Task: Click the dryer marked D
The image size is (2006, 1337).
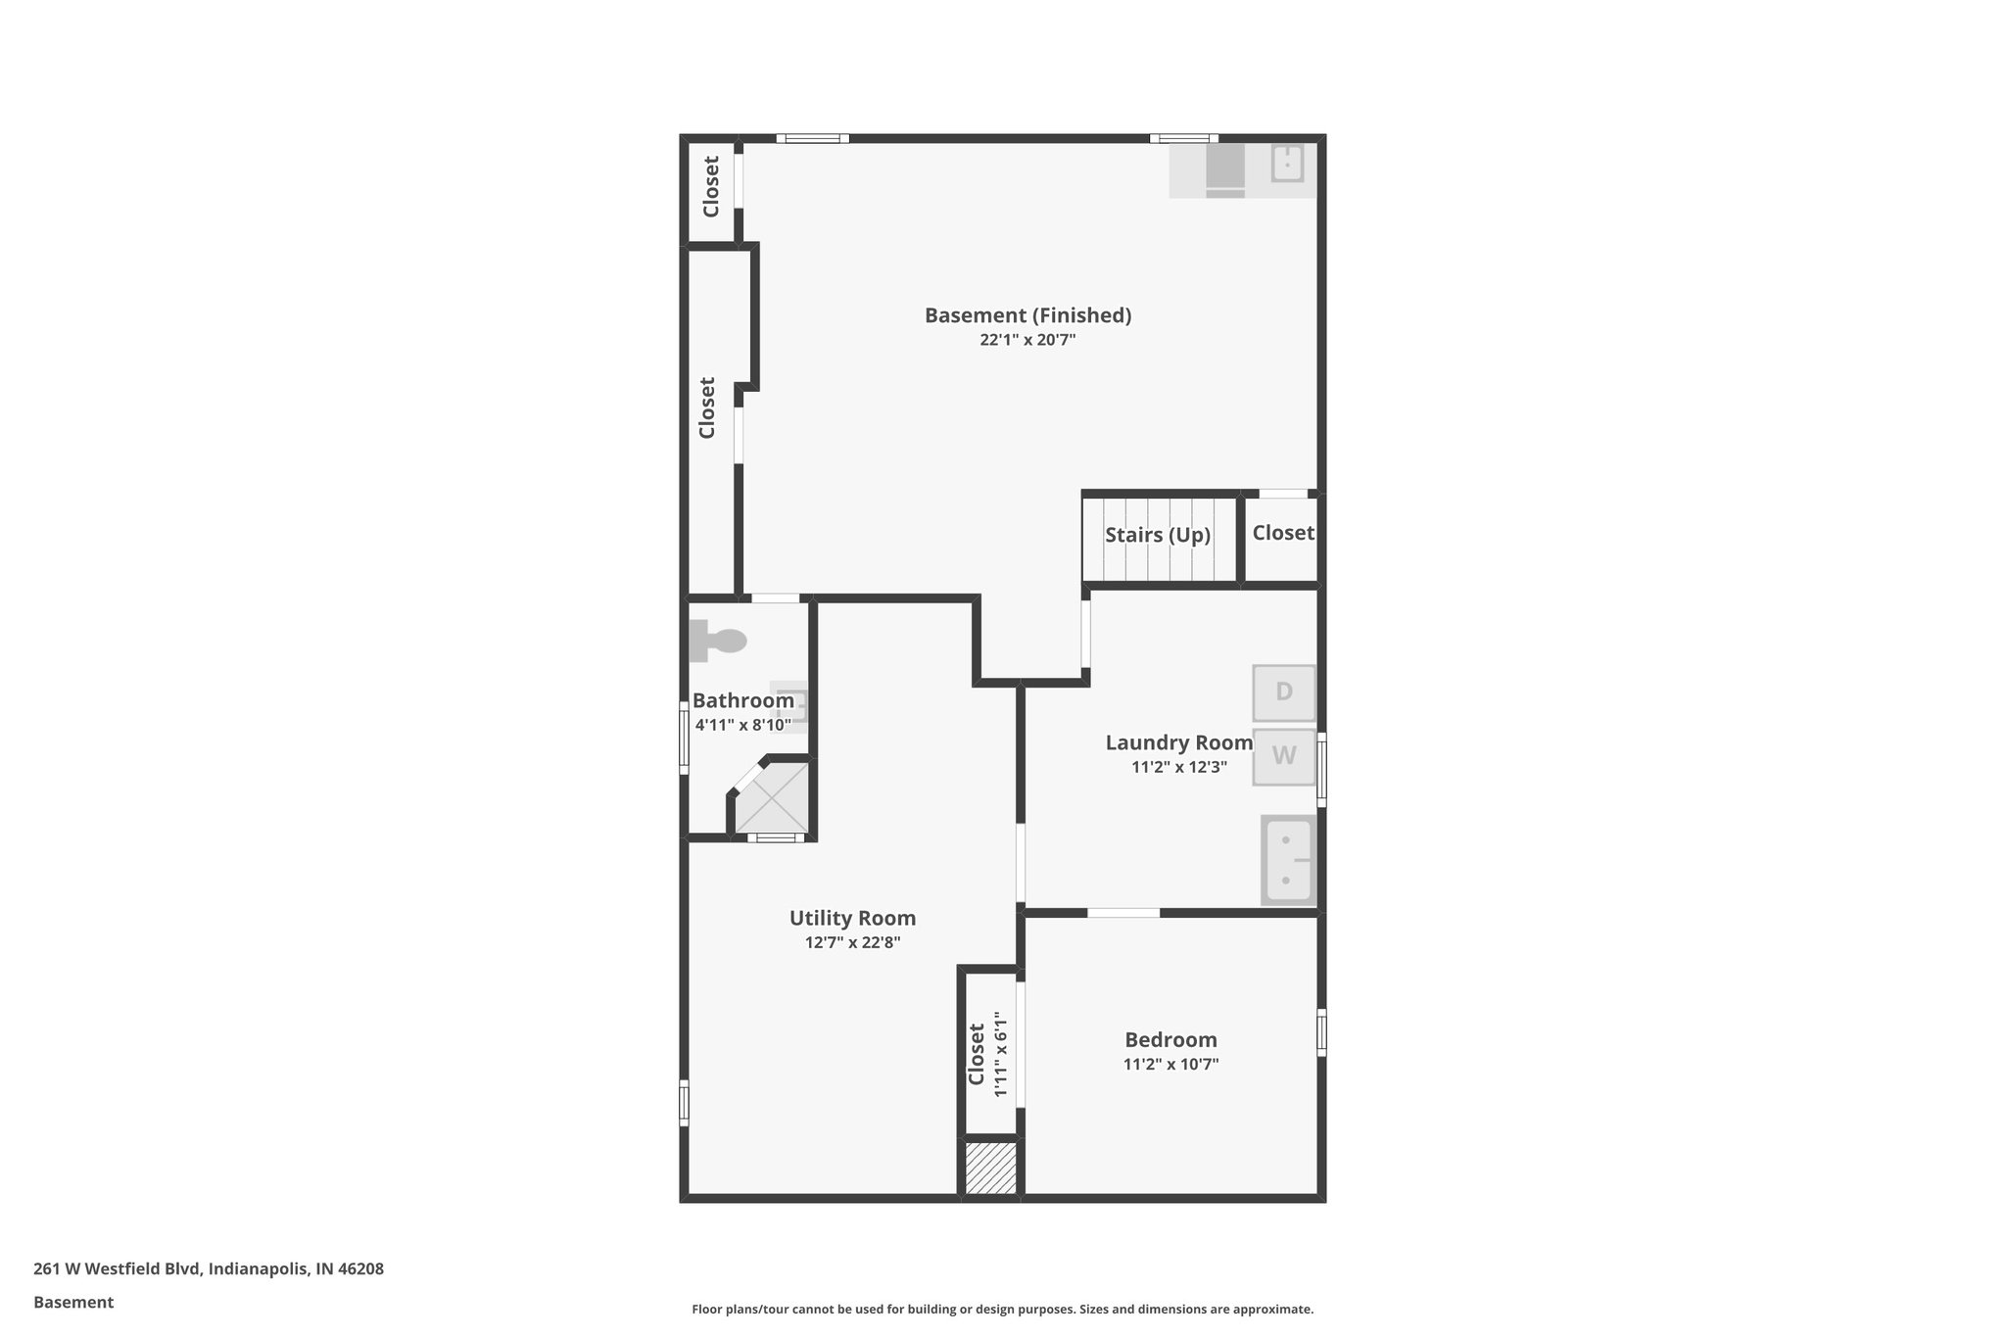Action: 1283,692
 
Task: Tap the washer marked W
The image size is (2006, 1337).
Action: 1283,756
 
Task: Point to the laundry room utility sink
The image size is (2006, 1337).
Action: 1288,861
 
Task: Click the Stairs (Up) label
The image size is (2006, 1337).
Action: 1158,535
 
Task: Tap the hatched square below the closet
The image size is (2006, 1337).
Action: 990,1168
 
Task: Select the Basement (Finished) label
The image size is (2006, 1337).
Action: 1027,315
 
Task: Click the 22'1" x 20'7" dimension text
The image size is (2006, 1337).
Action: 1027,341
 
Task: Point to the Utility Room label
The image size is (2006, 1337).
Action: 852,918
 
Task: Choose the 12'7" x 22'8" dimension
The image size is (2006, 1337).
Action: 852,943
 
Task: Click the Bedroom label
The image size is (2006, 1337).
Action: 1170,1040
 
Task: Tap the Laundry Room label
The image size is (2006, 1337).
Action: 1178,742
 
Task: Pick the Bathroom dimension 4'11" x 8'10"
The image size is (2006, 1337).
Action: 742,726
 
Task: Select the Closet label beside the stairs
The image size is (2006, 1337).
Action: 1282,533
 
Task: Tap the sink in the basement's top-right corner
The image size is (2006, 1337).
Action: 1287,164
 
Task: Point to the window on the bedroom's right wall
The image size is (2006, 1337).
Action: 1321,1032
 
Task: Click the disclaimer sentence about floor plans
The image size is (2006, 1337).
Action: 1002,1310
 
